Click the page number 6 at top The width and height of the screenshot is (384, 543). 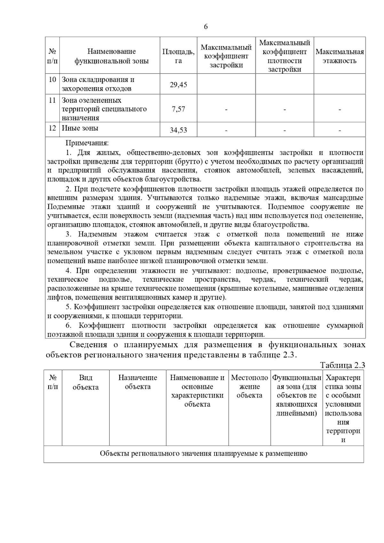tap(206, 27)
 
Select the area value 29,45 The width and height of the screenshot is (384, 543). tap(178, 85)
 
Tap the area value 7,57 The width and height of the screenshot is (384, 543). tap(178, 109)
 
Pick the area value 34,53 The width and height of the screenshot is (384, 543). tap(178, 130)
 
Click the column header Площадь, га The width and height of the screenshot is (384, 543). tap(178, 56)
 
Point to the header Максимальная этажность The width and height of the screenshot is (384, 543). tap(340, 56)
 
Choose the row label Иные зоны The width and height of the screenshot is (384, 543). tap(80, 128)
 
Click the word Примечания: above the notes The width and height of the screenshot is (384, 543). tap(87, 143)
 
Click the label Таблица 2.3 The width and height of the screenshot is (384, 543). tap(342, 365)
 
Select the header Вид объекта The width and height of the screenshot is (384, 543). tap(85, 382)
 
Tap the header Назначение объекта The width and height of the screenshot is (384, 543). tap(138, 382)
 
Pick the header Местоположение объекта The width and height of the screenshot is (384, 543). tap(249, 387)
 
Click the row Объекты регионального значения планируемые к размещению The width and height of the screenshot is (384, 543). tap(204, 453)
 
